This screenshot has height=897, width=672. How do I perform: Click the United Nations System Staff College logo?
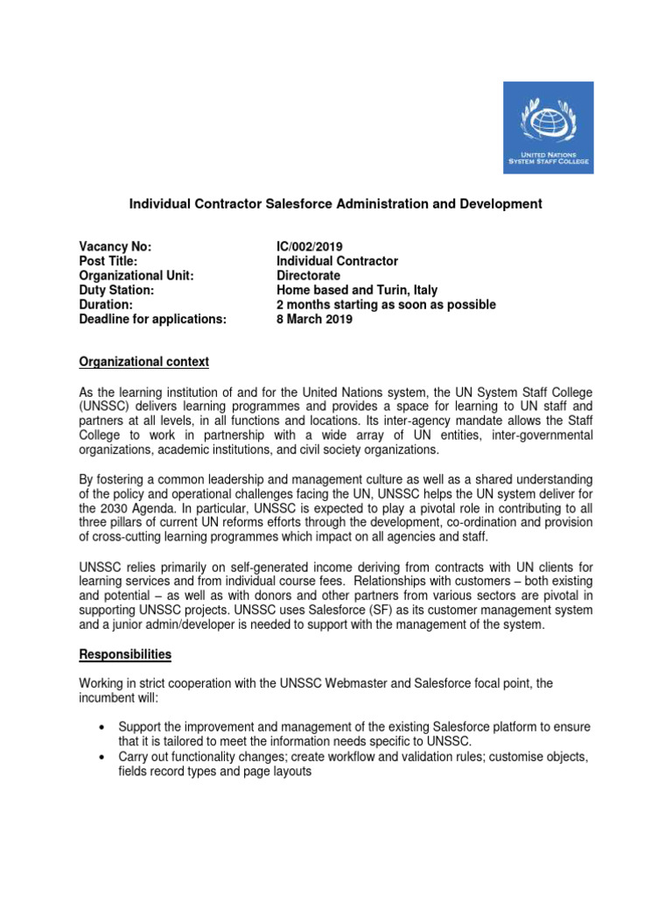click(x=548, y=128)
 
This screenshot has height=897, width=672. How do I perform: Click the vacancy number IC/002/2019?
click(x=315, y=246)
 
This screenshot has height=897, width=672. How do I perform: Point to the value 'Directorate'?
click(x=308, y=275)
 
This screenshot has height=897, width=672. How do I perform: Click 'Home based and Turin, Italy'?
click(x=357, y=290)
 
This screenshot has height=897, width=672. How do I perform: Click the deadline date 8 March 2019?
click(x=314, y=319)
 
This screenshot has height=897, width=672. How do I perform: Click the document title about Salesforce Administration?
click(x=336, y=203)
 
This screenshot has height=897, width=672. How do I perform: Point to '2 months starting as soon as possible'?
click(x=386, y=305)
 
